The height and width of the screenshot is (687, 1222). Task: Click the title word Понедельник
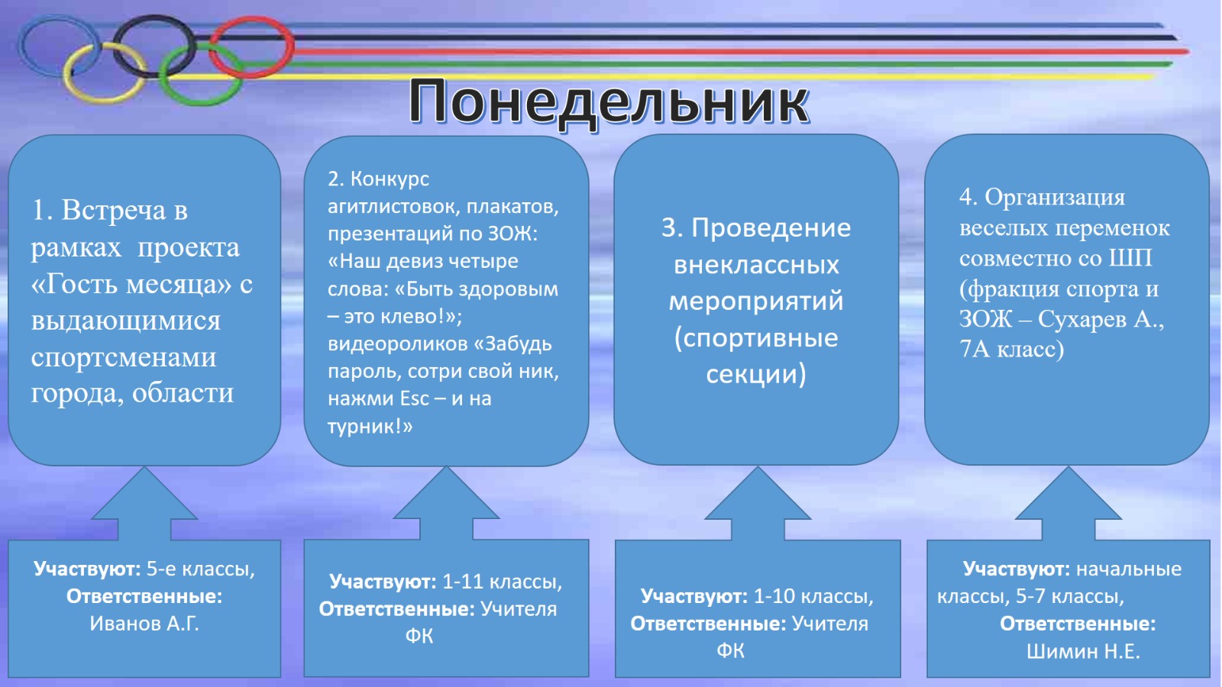tap(608, 102)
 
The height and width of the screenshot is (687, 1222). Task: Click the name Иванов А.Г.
tap(144, 623)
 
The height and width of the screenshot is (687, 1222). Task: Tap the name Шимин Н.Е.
tap(1084, 651)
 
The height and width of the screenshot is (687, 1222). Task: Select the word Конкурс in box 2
tap(390, 179)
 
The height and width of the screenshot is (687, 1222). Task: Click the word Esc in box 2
tap(415, 398)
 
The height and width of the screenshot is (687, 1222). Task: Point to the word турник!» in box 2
tap(370, 426)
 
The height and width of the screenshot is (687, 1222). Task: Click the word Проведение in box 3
tap(771, 228)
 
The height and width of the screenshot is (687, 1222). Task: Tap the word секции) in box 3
tap(756, 375)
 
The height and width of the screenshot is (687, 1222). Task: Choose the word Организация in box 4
tap(1055, 198)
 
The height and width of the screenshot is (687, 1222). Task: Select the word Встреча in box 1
tap(115, 211)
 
